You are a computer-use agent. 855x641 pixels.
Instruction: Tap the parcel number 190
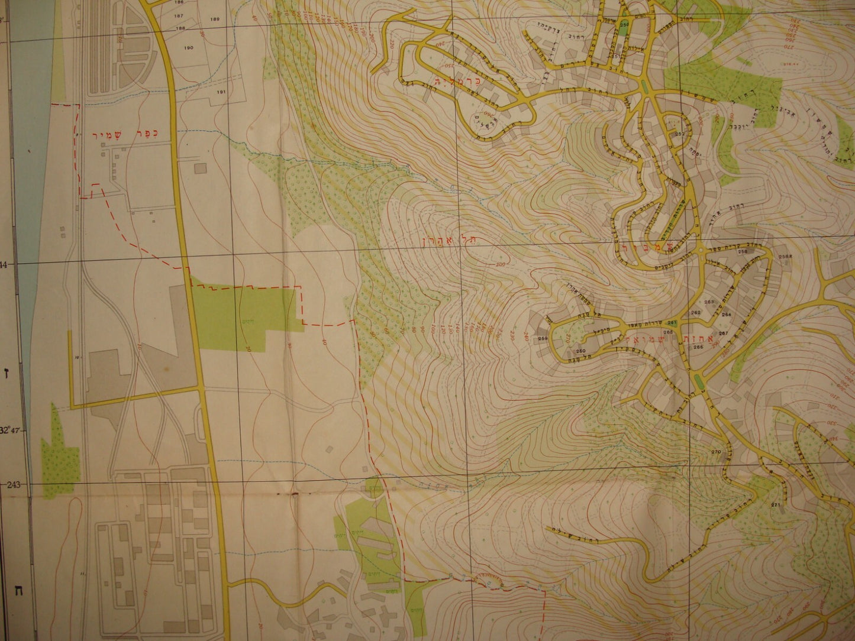pos(189,48)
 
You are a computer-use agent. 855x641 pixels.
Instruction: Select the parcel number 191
pos(221,92)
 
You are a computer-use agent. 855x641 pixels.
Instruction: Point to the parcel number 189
pos(214,20)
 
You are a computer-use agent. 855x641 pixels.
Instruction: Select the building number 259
pos(543,338)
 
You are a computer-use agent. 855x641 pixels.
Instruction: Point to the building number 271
pos(776,504)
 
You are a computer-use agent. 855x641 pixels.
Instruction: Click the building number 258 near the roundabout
pos(742,252)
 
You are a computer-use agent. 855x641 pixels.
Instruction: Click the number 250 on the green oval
pos(625,24)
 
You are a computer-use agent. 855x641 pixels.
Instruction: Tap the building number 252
pos(679,134)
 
